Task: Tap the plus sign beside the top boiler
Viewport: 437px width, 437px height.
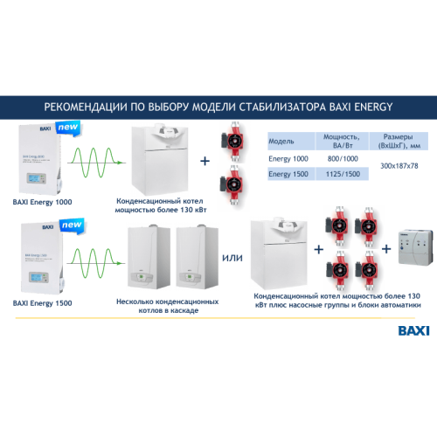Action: [x=205, y=162]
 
